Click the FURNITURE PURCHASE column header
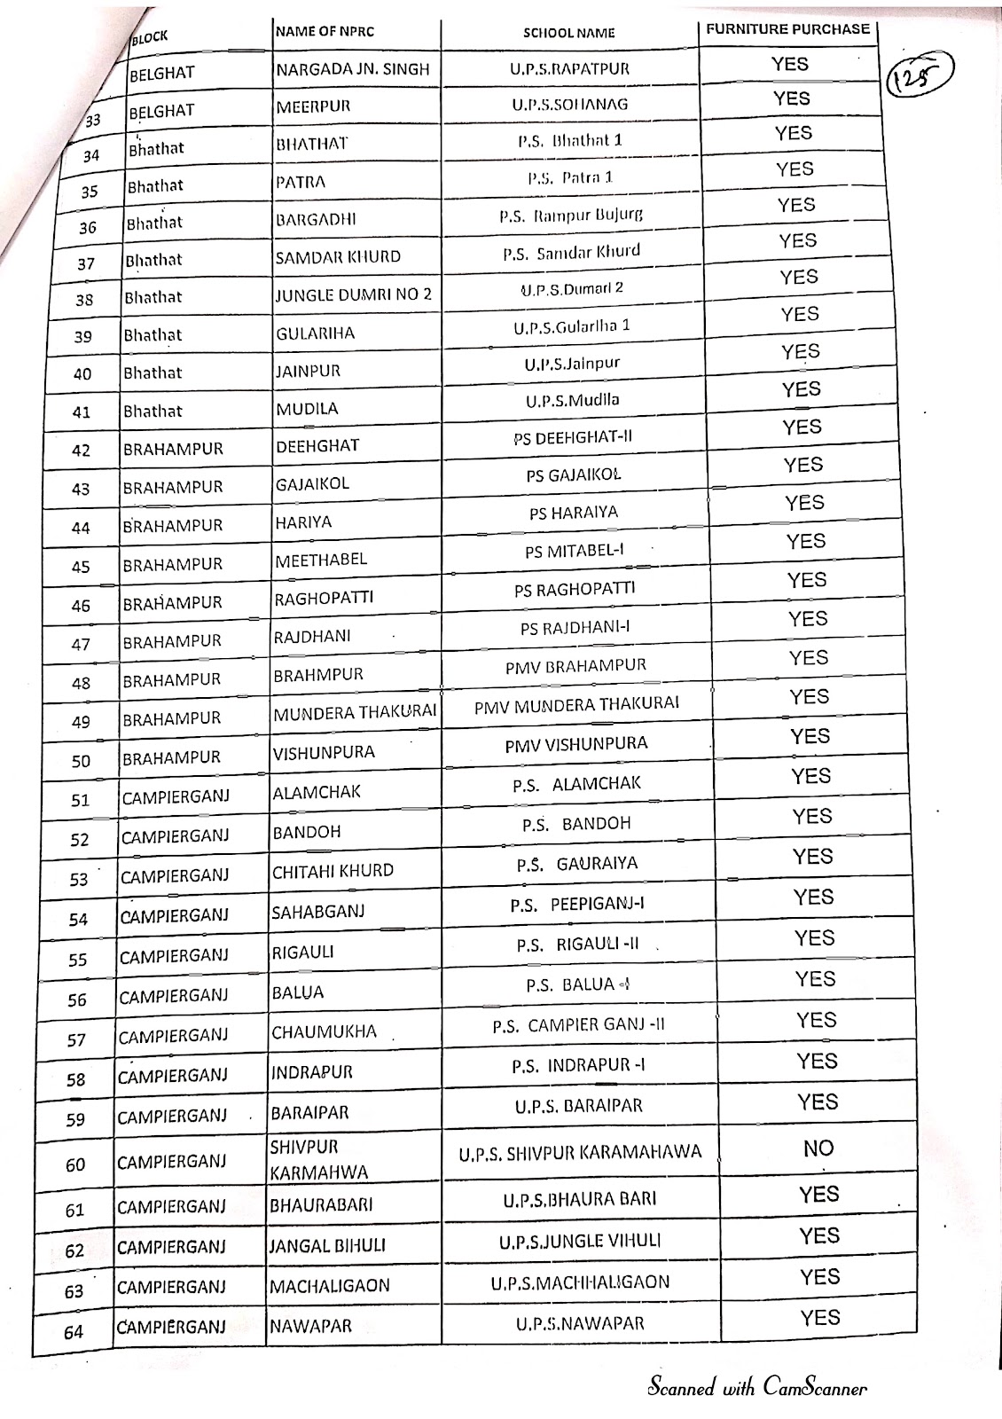(x=787, y=29)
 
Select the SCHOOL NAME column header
(x=568, y=33)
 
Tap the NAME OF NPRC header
(x=325, y=32)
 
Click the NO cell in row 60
(x=818, y=1149)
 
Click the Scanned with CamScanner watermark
(x=756, y=1388)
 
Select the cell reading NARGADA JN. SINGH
(x=353, y=69)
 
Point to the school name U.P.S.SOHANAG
(x=569, y=104)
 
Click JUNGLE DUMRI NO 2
(x=353, y=294)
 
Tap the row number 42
(x=81, y=451)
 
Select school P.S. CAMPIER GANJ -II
(x=578, y=1025)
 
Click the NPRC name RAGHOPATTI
(x=324, y=598)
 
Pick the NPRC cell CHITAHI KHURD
(x=333, y=871)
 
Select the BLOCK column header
(x=149, y=38)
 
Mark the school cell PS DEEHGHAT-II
(x=572, y=437)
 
